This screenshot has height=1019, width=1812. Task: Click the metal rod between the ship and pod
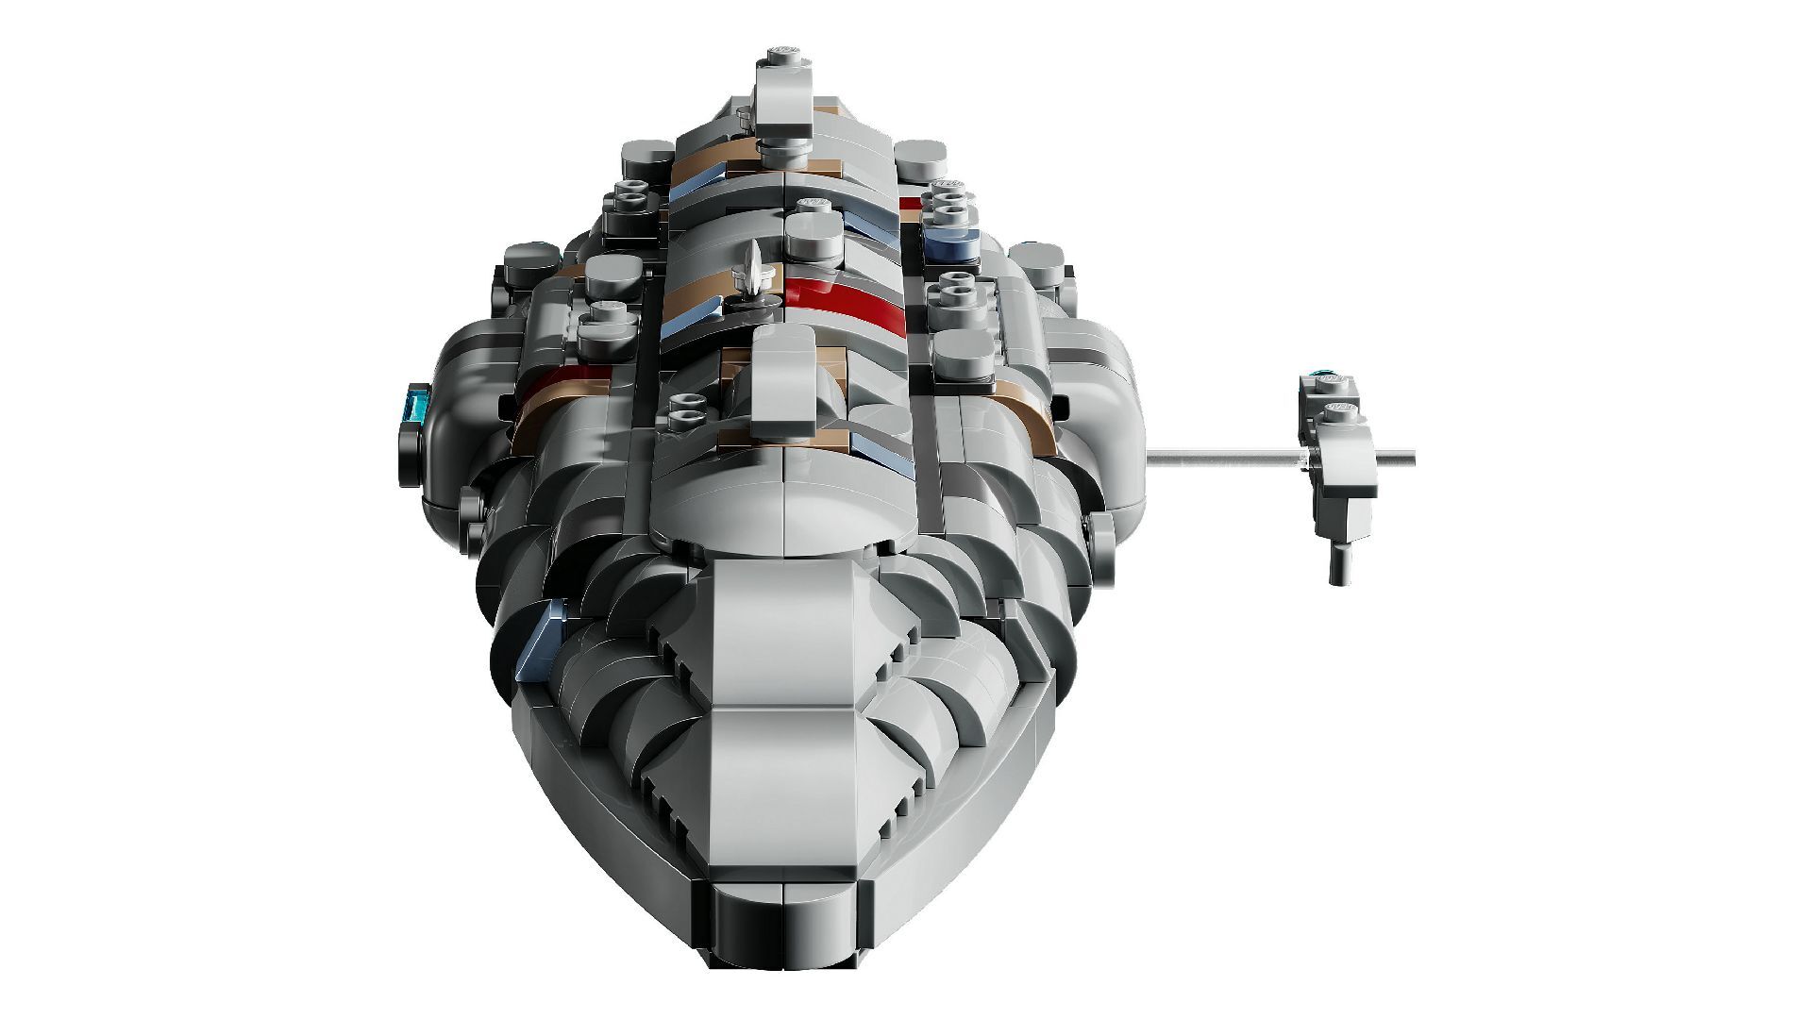[1217, 458]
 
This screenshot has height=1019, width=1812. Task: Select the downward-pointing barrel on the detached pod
[1338, 563]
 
